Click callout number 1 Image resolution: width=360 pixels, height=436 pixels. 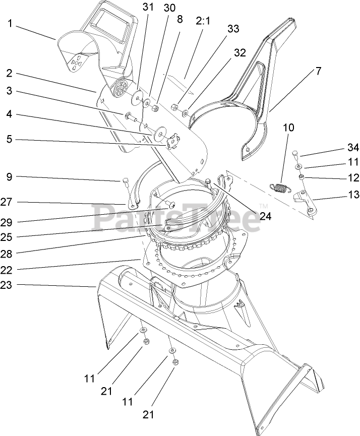pyautogui.click(x=10, y=23)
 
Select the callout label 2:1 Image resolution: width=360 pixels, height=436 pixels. pyautogui.click(x=204, y=21)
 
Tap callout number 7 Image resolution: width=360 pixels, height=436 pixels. pyautogui.click(x=318, y=71)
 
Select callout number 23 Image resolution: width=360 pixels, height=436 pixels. pyautogui.click(x=6, y=285)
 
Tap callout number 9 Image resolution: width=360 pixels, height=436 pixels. pyautogui.click(x=10, y=177)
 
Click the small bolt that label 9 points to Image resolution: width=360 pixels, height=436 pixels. pyautogui.click(x=125, y=183)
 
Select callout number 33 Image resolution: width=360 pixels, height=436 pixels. pyautogui.click(x=233, y=30)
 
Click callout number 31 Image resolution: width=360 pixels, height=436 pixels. pyautogui.click(x=147, y=8)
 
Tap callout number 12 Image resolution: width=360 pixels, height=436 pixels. pyautogui.click(x=352, y=177)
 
